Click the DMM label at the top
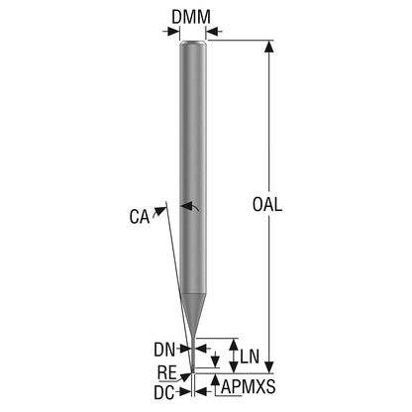tap(191, 17)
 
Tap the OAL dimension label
tap(267, 204)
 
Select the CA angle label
tap(140, 217)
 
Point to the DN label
tap(164, 350)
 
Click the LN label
tap(250, 357)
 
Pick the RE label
tap(167, 372)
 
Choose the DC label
tap(164, 393)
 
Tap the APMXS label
tap(249, 386)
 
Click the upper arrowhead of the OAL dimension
tap(269, 47)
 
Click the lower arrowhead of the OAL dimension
tap(269, 367)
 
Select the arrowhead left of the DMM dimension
tap(173, 32)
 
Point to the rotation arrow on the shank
tap(189, 207)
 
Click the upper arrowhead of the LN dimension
tap(234, 345)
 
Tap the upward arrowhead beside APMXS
tap(216, 380)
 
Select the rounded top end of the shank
tap(193, 43)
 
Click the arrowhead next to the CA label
tap(160, 211)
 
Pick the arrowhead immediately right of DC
tap(201, 392)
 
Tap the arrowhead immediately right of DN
tap(201, 349)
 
